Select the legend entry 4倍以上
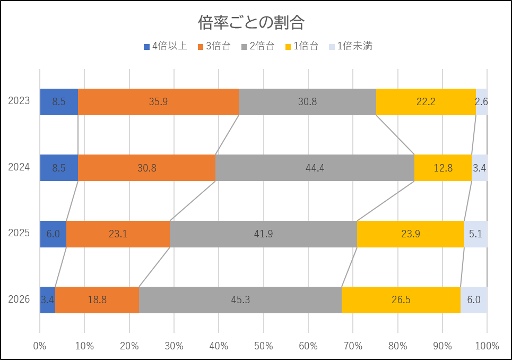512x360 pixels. (x=165, y=46)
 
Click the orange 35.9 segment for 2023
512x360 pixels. (x=158, y=102)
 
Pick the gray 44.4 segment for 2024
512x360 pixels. (x=315, y=168)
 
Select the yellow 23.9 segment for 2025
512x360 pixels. (x=410, y=234)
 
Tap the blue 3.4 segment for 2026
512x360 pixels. (x=47, y=300)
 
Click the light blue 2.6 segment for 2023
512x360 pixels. (x=481, y=102)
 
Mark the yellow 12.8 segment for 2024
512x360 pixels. (x=442, y=168)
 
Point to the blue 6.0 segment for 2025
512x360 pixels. (x=53, y=234)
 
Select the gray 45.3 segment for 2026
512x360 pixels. (x=240, y=300)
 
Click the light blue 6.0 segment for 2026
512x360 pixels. (x=473, y=300)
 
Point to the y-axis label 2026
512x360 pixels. (x=19, y=299)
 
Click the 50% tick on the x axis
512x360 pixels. (x=264, y=346)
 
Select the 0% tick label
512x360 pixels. (x=40, y=346)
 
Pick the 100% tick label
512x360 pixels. (x=487, y=346)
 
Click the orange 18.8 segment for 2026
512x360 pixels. (x=97, y=300)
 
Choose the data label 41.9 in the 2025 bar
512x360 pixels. (x=263, y=234)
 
